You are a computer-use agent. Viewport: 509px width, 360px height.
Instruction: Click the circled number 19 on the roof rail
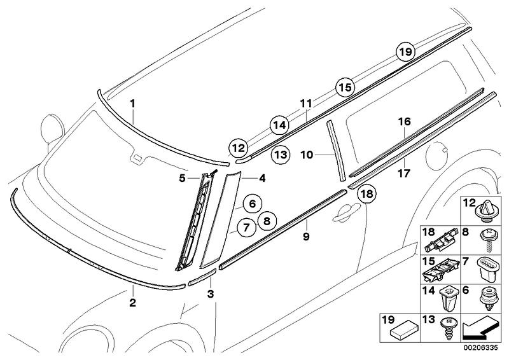pos(404,52)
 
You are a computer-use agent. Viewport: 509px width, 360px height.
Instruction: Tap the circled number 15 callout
pos(344,87)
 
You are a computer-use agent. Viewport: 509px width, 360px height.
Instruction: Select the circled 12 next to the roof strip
pos(237,148)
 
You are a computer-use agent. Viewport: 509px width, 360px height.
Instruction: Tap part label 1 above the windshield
pos(133,102)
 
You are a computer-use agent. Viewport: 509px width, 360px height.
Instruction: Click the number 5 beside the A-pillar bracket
pos(182,179)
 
